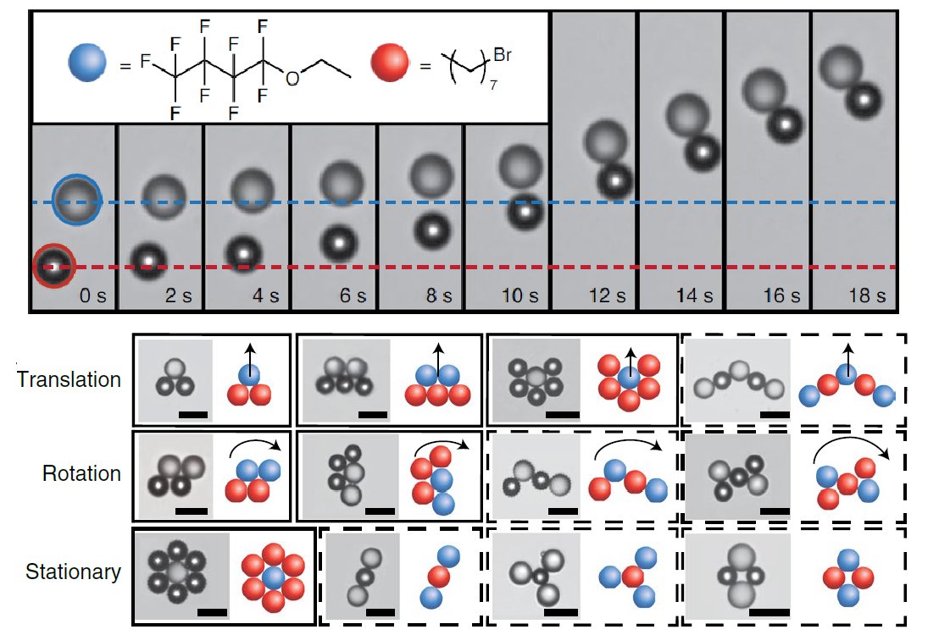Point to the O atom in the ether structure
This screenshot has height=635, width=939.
coord(293,79)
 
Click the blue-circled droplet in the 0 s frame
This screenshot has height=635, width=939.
coord(77,200)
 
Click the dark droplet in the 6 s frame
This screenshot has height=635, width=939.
coord(336,243)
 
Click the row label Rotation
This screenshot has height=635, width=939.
coord(81,473)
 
